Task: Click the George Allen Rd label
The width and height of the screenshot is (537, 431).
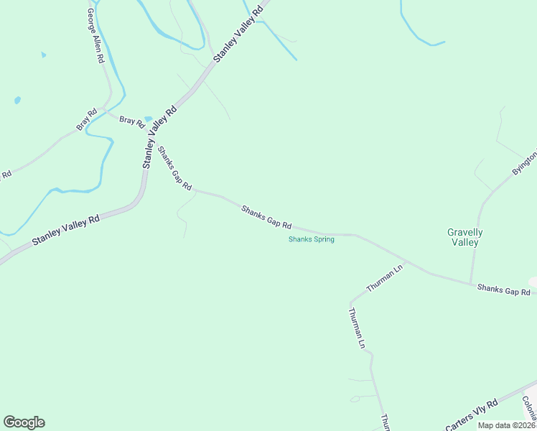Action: pyautogui.click(x=94, y=36)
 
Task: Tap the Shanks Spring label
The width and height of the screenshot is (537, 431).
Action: pyautogui.click(x=312, y=239)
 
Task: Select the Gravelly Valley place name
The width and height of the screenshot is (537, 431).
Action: pyautogui.click(x=464, y=237)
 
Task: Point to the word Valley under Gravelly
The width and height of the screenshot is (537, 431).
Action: pyautogui.click(x=464, y=243)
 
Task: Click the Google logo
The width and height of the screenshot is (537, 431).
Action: pyautogui.click(x=24, y=422)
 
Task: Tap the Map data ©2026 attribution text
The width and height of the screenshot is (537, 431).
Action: pyautogui.click(x=506, y=425)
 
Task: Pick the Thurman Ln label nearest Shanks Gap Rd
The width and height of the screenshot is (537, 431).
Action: pyautogui.click(x=385, y=278)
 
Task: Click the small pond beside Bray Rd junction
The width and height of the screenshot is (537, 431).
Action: pyautogui.click(x=149, y=119)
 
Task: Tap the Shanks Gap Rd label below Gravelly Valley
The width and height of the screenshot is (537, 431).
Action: pyautogui.click(x=503, y=289)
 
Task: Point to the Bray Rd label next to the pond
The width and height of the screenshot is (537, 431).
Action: pyautogui.click(x=131, y=121)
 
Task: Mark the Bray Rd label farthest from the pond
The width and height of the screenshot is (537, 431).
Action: pyautogui.click(x=87, y=119)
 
